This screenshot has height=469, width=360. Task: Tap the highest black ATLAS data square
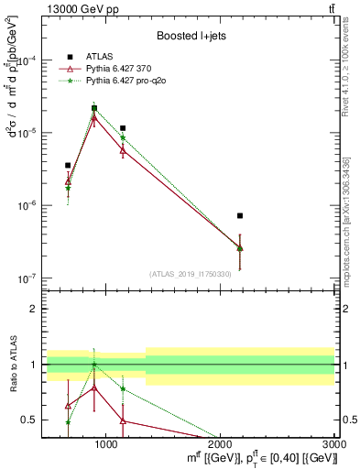(x=94, y=108)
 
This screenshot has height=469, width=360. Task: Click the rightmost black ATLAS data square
(x=240, y=215)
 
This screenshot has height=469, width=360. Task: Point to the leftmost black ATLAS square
(x=68, y=166)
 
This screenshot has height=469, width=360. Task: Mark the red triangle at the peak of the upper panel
(x=94, y=117)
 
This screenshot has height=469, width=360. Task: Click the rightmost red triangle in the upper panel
(x=240, y=247)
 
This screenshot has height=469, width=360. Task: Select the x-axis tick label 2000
(x=222, y=444)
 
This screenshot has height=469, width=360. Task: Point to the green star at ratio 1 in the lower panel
(x=94, y=365)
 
